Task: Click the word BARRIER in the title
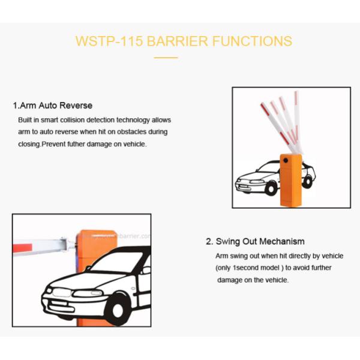177,41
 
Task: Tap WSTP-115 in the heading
109,41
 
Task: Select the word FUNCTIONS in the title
252,41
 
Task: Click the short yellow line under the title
166,58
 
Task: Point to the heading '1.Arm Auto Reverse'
53,106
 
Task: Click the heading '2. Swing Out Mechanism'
256,242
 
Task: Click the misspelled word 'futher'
76,144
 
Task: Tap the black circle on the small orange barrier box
286,160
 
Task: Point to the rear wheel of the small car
307,182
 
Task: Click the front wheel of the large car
118,310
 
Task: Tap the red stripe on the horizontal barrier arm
22,248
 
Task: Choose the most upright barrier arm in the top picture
297,122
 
